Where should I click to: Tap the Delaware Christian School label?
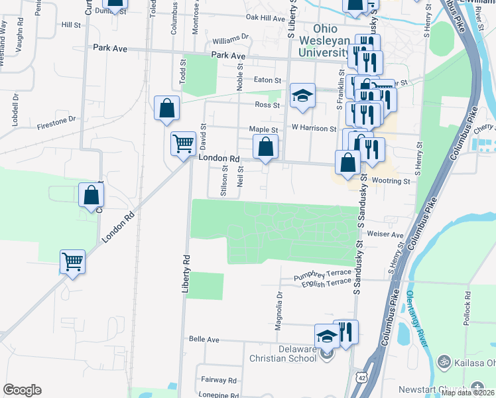point(282,354)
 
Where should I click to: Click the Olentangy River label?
point(416,311)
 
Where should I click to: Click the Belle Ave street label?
point(204,339)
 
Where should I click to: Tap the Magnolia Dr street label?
point(279,310)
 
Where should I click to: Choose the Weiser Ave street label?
point(389,235)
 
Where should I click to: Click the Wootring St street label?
point(391,180)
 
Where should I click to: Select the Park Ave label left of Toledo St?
point(109,48)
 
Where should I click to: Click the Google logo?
point(22,389)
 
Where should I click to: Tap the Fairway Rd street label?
point(219,380)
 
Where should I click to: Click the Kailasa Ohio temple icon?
point(444,362)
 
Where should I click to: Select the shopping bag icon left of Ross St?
point(166,107)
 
